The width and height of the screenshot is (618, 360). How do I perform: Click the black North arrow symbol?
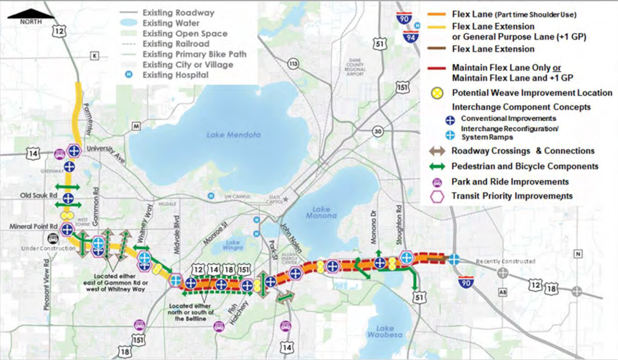click(30, 12)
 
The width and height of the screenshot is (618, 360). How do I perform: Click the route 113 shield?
click(292, 64)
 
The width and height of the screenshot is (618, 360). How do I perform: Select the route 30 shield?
click(378, 130)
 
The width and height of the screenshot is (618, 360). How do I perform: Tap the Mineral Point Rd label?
click(29, 225)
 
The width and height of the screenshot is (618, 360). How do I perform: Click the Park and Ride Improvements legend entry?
click(510, 181)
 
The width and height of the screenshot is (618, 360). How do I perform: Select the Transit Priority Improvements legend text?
click(512, 196)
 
